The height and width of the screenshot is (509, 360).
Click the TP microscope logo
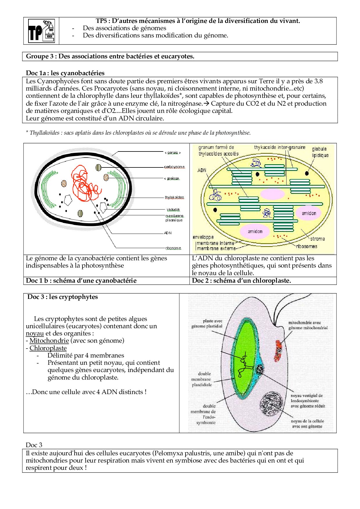(x=41, y=31)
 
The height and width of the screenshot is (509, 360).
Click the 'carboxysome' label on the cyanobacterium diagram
(x=174, y=167)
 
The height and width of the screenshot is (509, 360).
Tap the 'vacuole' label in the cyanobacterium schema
(x=173, y=210)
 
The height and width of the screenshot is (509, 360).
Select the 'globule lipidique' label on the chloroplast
(x=320, y=152)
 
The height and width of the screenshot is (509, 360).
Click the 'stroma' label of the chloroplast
(x=317, y=239)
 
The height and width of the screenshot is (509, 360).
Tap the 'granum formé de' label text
(x=216, y=147)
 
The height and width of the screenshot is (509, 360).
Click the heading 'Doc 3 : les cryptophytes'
(x=62, y=297)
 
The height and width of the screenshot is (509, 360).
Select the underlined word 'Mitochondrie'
(x=49, y=341)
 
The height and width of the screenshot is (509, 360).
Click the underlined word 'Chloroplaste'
(x=48, y=348)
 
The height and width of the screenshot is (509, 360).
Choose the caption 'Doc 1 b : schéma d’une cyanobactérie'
(x=81, y=281)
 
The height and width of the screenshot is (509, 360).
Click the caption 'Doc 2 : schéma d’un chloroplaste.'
(x=241, y=281)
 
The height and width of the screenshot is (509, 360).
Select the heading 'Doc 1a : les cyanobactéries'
(x=65, y=73)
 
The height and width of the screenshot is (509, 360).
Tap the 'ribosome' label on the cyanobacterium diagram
(x=173, y=248)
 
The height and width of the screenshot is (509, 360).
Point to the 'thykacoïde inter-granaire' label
(x=280, y=147)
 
